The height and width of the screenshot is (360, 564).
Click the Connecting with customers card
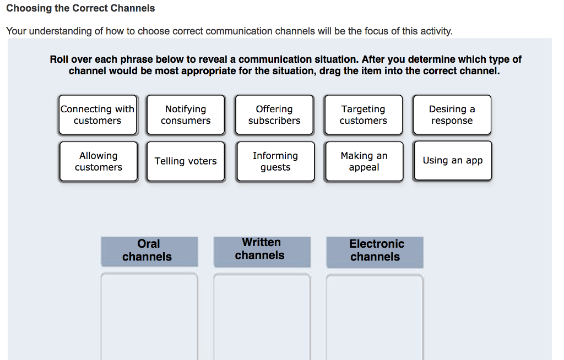coord(97,115)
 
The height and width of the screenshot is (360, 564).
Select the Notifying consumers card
coord(186,115)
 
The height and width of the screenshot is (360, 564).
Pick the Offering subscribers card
coord(274,115)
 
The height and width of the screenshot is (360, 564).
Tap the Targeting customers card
coord(363,115)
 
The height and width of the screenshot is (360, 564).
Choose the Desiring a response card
coord(452,115)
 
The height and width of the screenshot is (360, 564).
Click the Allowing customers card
coord(98,161)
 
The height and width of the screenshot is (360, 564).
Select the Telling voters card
coord(186,161)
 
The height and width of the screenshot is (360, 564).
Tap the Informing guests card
coord(275,161)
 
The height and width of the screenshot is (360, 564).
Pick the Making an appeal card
coord(364,161)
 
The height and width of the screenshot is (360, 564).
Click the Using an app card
coord(452,161)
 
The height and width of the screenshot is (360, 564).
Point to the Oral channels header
coord(149,250)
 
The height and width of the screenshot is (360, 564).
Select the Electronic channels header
coord(375,250)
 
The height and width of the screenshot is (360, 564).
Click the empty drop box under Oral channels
coord(149,317)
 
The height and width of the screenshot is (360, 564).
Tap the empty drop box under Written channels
coord(262,317)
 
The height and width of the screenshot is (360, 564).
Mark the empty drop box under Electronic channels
coord(375,317)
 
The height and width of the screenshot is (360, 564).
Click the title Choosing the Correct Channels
coord(80,8)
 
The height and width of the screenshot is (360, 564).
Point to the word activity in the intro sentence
coord(435,31)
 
